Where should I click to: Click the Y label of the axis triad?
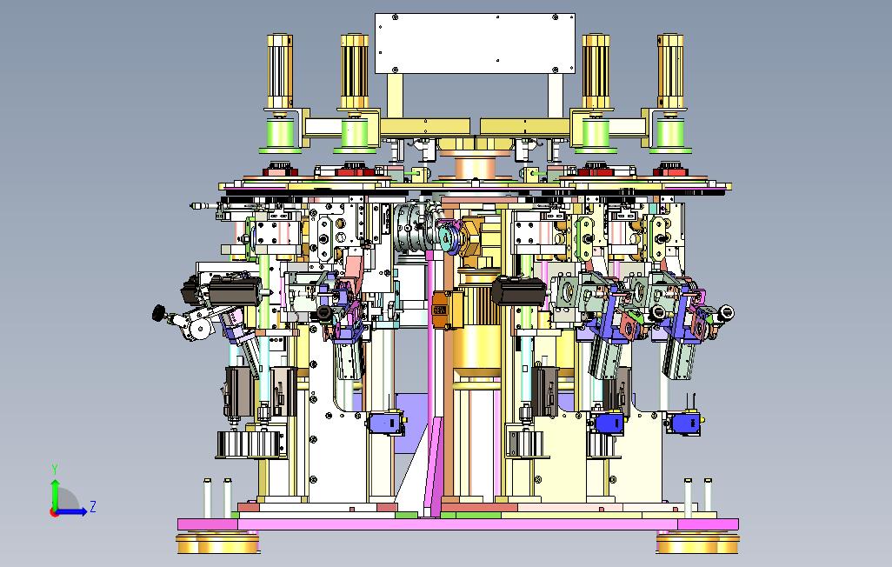(x=55, y=470)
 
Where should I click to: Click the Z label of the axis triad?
(x=93, y=506)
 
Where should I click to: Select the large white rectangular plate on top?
(x=475, y=43)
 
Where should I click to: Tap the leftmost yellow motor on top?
(x=279, y=71)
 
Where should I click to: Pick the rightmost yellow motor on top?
(x=670, y=71)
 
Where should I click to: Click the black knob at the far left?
(x=159, y=312)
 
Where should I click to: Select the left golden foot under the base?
(x=218, y=544)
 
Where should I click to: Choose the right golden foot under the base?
(x=697, y=544)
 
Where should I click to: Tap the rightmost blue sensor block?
(x=685, y=424)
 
